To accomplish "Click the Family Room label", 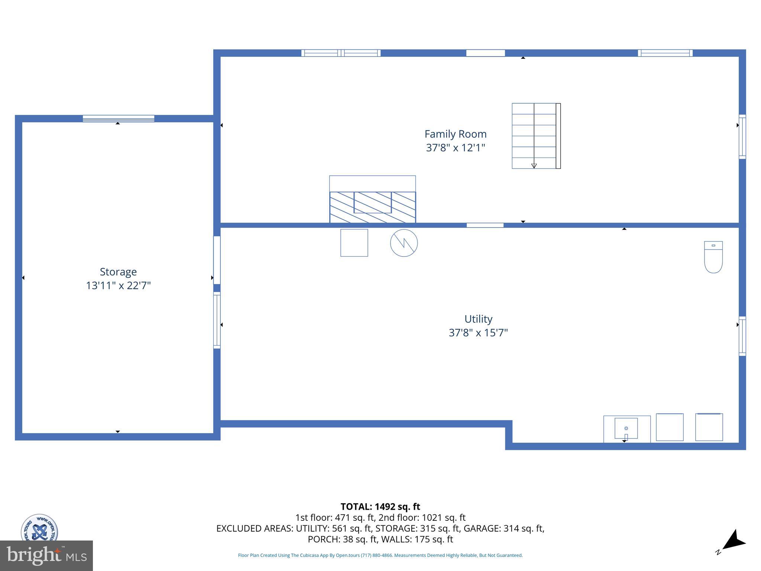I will [x=455, y=134].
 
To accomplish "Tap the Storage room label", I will [x=118, y=272].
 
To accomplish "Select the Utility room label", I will [x=478, y=319].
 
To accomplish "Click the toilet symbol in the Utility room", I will [x=713, y=257].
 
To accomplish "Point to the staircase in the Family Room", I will [x=535, y=136].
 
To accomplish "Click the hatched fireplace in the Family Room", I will [x=372, y=207].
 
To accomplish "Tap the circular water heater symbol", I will [x=404, y=243].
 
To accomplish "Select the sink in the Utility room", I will [x=626, y=429].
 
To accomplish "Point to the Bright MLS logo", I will [x=46, y=556].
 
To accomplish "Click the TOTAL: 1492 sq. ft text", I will [x=380, y=507].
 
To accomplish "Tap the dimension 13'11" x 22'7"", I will [x=118, y=285].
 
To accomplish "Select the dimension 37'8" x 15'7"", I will [x=478, y=332].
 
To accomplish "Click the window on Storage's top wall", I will [x=118, y=119].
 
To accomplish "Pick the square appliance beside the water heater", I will [x=354, y=243].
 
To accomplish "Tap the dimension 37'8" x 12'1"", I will [x=455, y=148].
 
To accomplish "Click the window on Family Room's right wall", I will [x=742, y=136].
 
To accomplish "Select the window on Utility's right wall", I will [x=742, y=336].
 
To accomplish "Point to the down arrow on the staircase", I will [x=534, y=166].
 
